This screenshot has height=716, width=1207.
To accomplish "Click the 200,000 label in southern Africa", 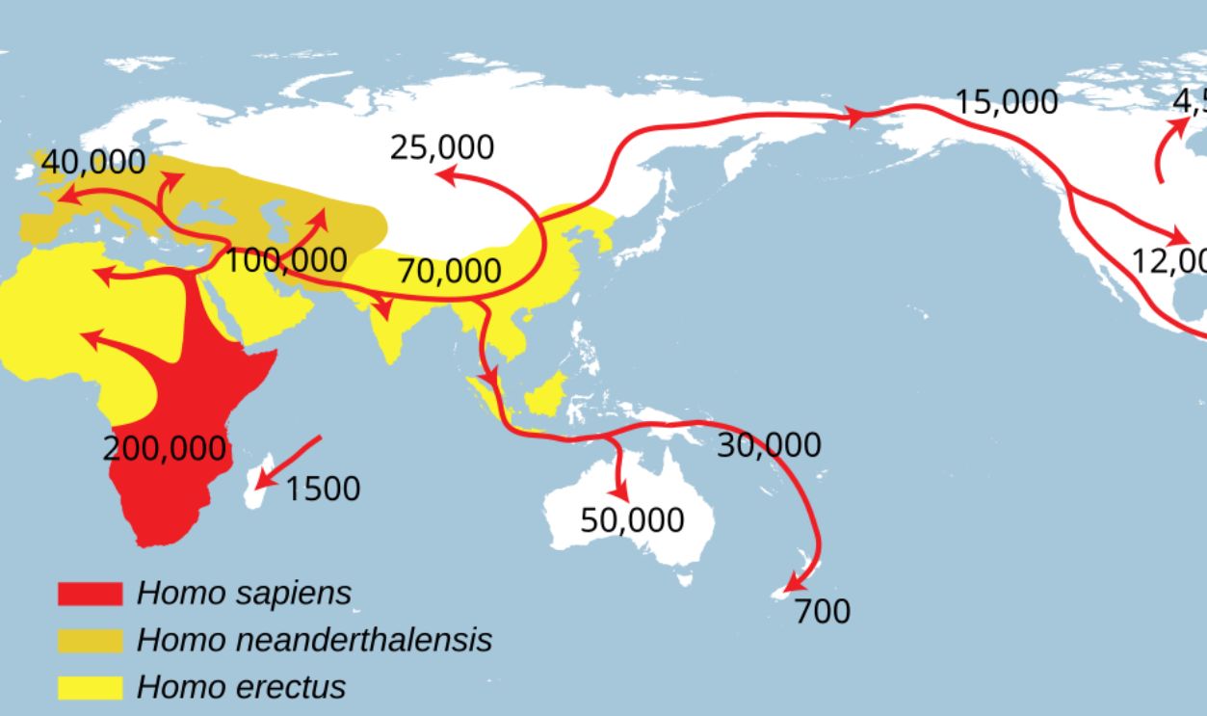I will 165,448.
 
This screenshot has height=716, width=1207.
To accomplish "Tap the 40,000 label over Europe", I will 93,163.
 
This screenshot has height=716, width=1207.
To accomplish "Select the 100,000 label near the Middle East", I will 286,259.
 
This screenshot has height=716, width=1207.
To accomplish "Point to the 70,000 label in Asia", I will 450,271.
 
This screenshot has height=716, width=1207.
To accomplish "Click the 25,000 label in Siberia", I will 442,147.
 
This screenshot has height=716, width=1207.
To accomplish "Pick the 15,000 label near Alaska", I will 1007,101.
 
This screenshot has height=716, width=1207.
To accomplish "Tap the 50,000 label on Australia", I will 632,519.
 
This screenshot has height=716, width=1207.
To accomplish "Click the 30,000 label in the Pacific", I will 769,444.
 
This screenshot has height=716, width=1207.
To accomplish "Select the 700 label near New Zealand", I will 823,611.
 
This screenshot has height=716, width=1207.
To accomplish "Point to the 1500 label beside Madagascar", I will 323,489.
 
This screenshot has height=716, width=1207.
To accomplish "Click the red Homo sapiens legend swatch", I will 90,593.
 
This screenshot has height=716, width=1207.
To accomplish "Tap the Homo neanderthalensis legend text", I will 314,640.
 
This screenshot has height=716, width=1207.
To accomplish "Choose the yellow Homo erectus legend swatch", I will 90,687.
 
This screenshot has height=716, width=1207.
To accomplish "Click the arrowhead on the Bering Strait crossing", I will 853,117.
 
